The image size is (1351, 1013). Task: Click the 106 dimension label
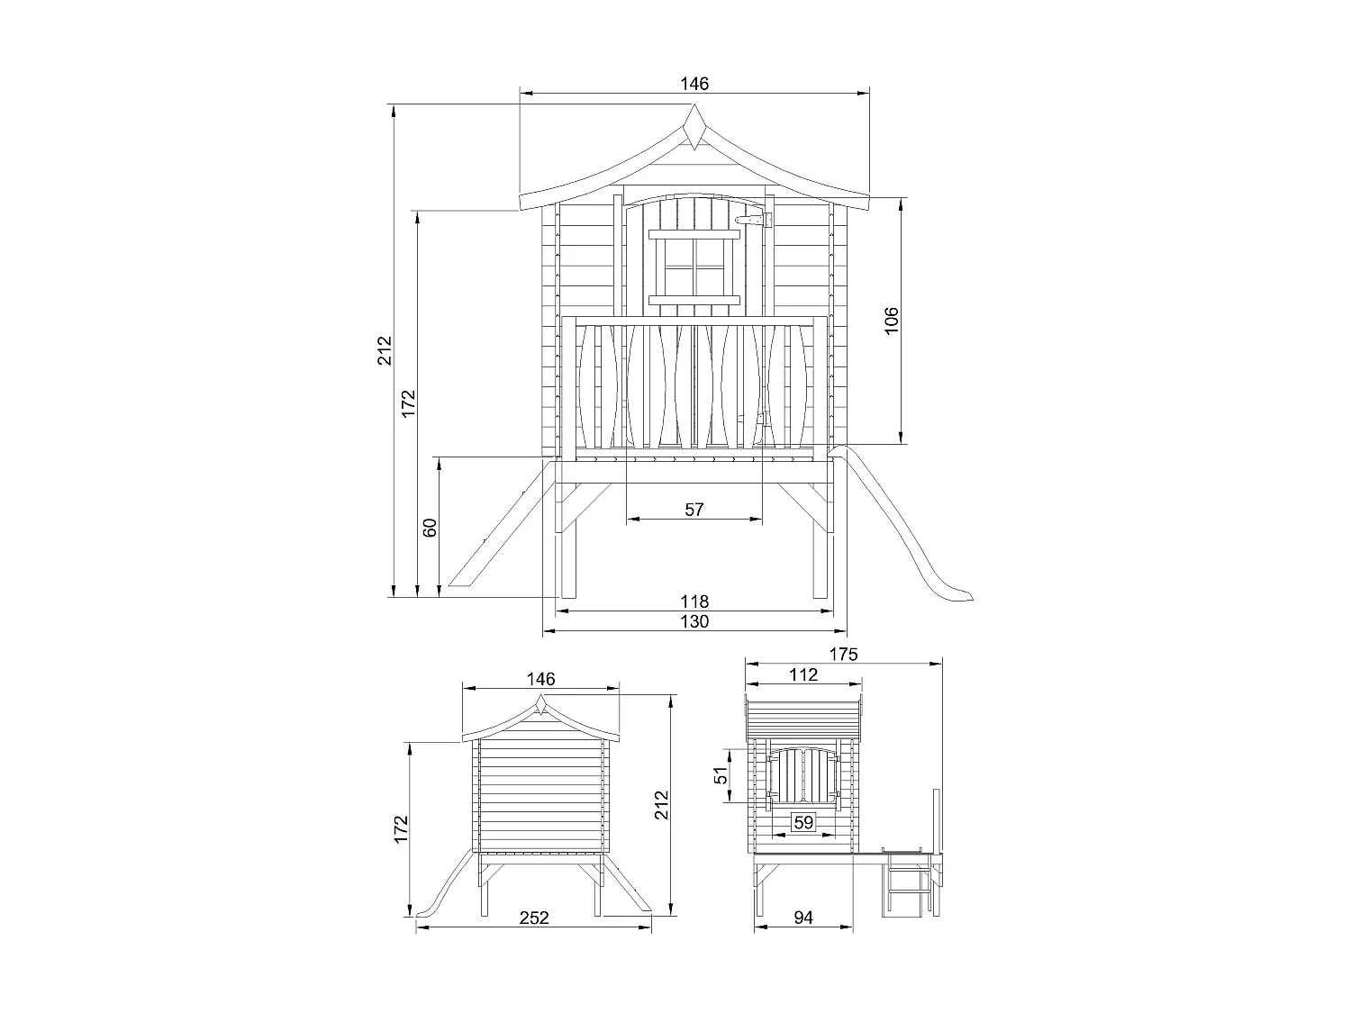pyautogui.click(x=891, y=321)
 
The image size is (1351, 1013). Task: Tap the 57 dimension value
pyautogui.click(x=694, y=510)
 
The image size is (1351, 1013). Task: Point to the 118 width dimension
pyautogui.click(x=694, y=601)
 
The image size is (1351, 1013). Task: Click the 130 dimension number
pyautogui.click(x=694, y=621)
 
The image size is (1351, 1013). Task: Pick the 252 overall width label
pyautogui.click(x=533, y=918)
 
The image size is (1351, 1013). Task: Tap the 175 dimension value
pyautogui.click(x=843, y=654)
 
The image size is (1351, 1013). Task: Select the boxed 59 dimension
pyautogui.click(x=802, y=821)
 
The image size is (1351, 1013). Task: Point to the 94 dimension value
pyautogui.click(x=804, y=918)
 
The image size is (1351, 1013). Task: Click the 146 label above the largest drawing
pyautogui.click(x=694, y=84)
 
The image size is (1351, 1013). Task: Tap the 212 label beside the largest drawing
pyautogui.click(x=385, y=349)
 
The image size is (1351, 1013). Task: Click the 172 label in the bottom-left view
pyautogui.click(x=402, y=828)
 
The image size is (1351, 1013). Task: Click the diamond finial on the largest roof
pyautogui.click(x=694, y=126)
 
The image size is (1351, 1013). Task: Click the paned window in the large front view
pyautogui.click(x=694, y=267)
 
